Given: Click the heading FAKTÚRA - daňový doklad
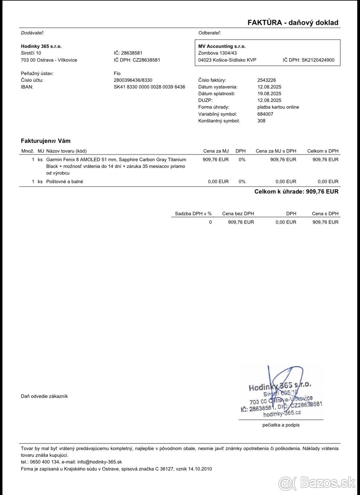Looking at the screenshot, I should click(x=293, y=23).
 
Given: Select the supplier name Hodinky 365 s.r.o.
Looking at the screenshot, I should click(x=41, y=46).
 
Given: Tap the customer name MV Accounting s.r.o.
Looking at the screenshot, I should click(x=222, y=46).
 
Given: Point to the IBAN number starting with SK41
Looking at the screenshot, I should click(x=149, y=87).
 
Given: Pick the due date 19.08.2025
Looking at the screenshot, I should click(x=269, y=94).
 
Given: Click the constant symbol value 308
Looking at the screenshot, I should click(x=261, y=121).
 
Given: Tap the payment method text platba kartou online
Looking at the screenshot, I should click(x=278, y=107).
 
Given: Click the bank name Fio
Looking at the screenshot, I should click(x=117, y=73).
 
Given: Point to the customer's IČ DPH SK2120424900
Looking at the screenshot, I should click(x=308, y=60).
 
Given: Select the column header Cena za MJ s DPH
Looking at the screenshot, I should click(x=276, y=151).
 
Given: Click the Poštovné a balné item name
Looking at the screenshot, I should click(x=65, y=181).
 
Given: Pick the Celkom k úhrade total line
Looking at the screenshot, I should click(x=296, y=191).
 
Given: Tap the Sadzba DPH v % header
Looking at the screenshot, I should click(x=193, y=213).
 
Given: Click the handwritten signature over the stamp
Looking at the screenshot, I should click(x=285, y=382).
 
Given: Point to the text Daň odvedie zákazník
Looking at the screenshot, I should click(x=45, y=396).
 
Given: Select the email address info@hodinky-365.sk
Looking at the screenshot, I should click(x=99, y=462).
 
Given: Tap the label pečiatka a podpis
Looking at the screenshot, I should click(x=281, y=424).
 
